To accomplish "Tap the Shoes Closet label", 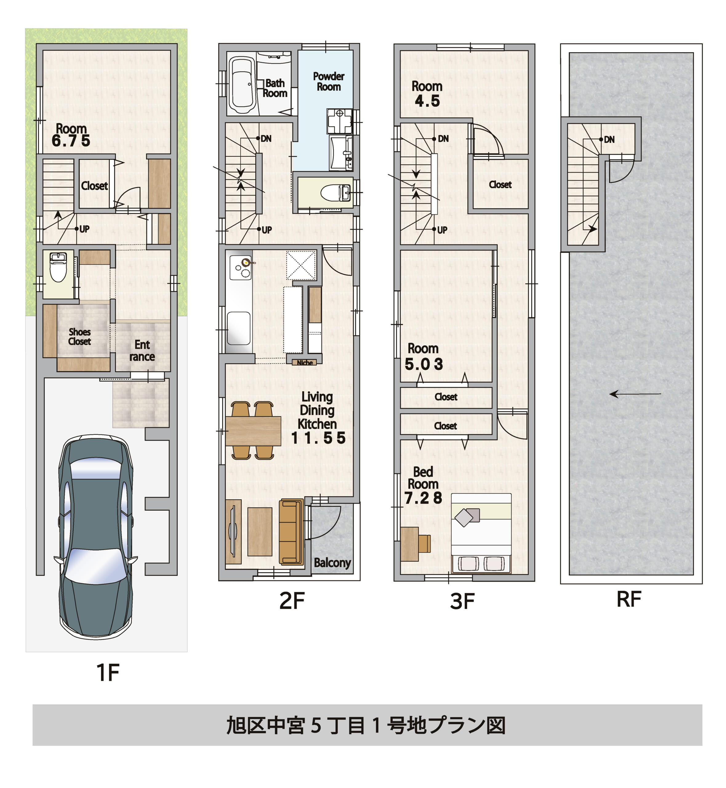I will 79,337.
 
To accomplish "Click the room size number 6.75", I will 71,141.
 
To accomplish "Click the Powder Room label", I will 328,81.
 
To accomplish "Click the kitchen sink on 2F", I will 239,328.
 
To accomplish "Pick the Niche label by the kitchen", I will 304,363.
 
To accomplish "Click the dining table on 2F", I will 253,431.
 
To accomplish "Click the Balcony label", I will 332,562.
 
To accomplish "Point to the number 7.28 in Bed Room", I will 423,498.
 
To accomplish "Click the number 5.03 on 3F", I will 424,364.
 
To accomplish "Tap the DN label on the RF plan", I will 609,139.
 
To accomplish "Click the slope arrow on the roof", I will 635,394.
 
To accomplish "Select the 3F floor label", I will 462,601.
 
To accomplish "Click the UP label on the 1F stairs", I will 84,229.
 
